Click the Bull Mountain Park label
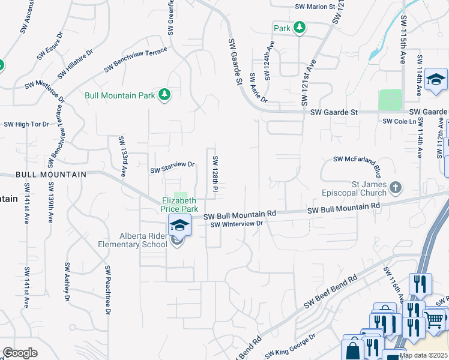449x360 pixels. pyautogui.click(x=120, y=95)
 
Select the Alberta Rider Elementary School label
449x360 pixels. pyautogui.click(x=133, y=240)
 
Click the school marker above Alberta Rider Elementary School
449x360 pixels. pyautogui.click(x=179, y=226)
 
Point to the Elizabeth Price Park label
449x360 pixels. pyautogui.click(x=179, y=205)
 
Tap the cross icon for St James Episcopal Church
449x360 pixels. pyautogui.click(x=395, y=188)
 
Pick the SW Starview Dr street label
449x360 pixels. pyautogui.click(x=173, y=167)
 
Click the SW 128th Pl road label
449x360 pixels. pyautogui.click(x=214, y=173)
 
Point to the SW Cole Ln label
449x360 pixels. pyautogui.click(x=400, y=122)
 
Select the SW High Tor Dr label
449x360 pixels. pyautogui.click(x=26, y=124)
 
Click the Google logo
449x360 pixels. pyautogui.click(x=20, y=352)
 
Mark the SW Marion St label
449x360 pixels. pyautogui.click(x=315, y=7)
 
